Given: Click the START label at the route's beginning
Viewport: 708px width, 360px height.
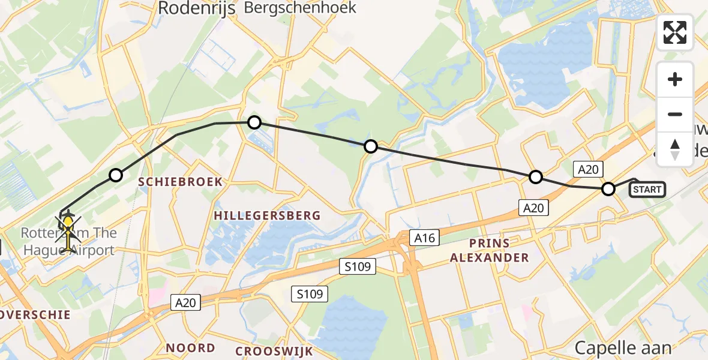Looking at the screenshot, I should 646,190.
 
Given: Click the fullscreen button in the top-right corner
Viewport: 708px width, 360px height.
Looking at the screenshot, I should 675,32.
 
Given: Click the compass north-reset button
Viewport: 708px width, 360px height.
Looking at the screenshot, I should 675,149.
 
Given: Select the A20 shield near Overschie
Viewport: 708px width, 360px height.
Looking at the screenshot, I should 185,303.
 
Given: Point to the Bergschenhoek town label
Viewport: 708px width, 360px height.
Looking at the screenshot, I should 300,8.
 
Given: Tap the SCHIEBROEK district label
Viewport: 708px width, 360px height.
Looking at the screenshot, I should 181,181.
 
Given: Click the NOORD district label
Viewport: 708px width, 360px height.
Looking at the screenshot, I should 190,347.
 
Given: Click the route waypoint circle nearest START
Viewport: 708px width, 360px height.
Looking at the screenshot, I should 608,190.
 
